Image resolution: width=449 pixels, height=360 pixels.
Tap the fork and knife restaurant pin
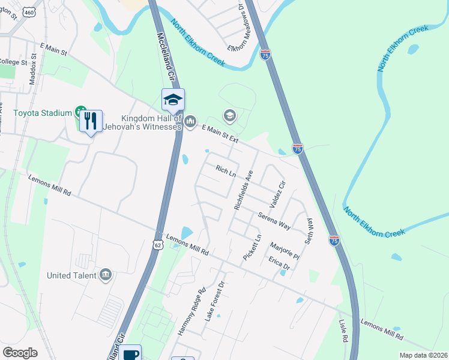pyautogui.click(x=91, y=121)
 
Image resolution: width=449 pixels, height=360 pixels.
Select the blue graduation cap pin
pyautogui.click(x=173, y=100)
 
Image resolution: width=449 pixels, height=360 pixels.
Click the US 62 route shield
pyautogui.click(x=157, y=245)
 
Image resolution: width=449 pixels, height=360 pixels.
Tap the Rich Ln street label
pyautogui.click(x=225, y=172)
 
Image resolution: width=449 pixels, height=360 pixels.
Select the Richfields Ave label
pyautogui.click(x=244, y=190)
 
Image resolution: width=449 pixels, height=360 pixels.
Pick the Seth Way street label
pyautogui.click(x=310, y=230)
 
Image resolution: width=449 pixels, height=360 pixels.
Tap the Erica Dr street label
pyautogui.click(x=279, y=262)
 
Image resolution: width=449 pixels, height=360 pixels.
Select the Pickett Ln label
pyautogui.click(x=252, y=247)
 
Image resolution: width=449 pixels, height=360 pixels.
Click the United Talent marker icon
pyautogui.click(x=106, y=275)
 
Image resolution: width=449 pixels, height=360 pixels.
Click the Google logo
pyautogui.click(x=20, y=353)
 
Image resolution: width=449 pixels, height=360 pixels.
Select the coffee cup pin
pyautogui.click(x=130, y=354)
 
